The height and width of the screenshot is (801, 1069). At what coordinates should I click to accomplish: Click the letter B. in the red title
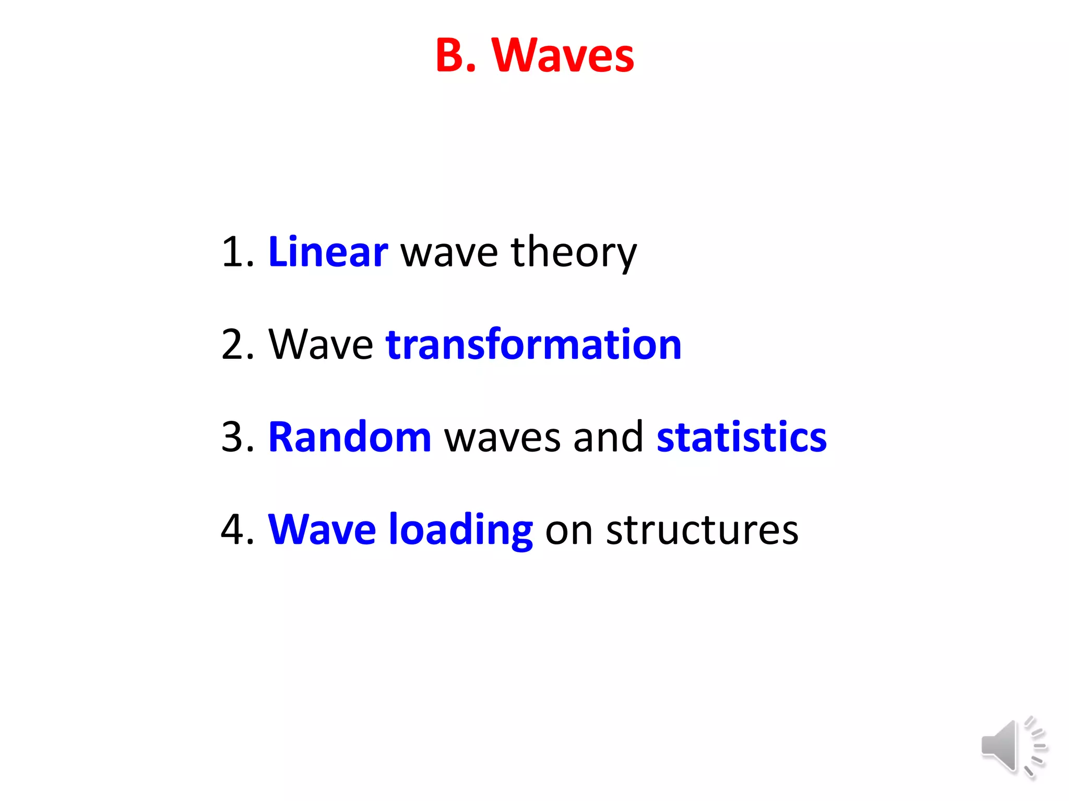click(455, 55)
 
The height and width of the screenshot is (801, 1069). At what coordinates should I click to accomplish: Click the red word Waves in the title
click(563, 55)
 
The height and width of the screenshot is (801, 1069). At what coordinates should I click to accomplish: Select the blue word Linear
click(328, 252)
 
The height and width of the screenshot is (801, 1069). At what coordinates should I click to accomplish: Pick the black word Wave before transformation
click(320, 345)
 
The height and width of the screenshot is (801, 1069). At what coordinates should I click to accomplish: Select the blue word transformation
click(533, 345)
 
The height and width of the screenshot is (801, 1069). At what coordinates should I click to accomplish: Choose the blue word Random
click(349, 437)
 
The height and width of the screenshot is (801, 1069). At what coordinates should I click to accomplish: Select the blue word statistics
click(741, 437)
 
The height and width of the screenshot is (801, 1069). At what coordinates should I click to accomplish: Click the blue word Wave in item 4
click(322, 530)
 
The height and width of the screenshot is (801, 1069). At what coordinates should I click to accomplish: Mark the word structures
click(702, 530)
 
